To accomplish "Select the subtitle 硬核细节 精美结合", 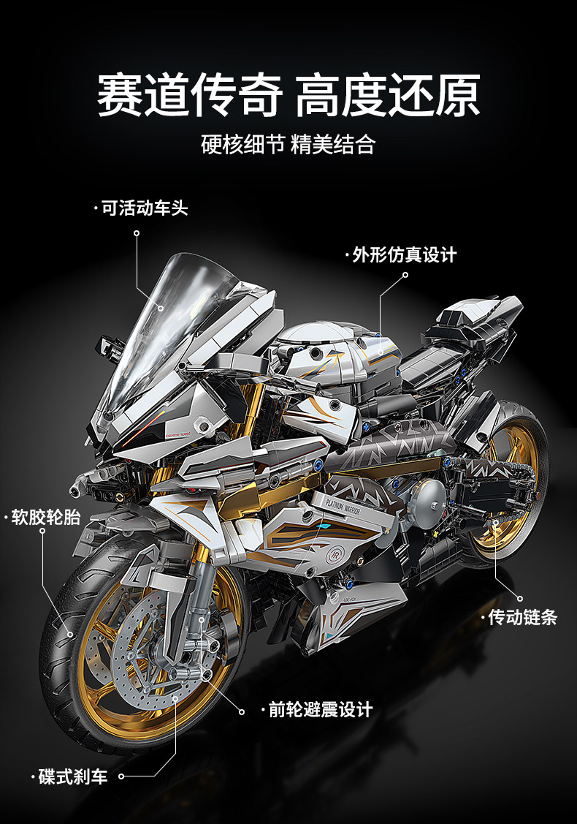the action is click(288, 144).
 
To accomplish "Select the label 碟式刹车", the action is click(72, 776).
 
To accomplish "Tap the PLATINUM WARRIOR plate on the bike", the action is click(337, 507).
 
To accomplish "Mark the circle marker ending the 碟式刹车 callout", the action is click(122, 776).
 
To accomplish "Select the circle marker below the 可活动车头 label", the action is click(137, 233).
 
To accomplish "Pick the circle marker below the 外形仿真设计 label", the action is click(405, 276).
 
